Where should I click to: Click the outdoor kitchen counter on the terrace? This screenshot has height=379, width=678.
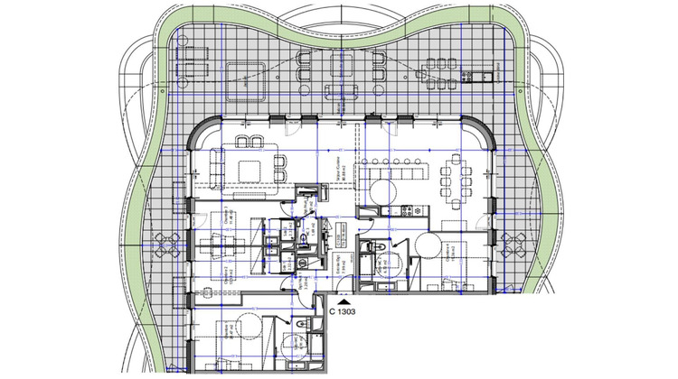pos(489,74)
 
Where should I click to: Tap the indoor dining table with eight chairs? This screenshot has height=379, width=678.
pos(455,182)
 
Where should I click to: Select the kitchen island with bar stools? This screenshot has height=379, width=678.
pos(399,171)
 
